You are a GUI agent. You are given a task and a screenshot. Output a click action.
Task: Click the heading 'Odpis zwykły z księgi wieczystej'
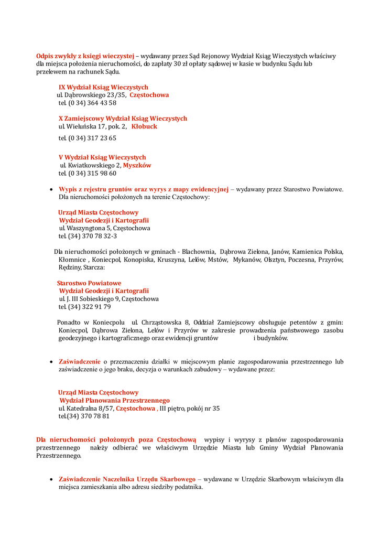85,56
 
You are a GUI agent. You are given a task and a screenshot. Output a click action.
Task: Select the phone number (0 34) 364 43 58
92,103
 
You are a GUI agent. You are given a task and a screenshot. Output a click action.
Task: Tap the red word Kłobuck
144,126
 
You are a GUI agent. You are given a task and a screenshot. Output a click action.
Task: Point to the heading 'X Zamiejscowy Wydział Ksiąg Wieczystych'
123,119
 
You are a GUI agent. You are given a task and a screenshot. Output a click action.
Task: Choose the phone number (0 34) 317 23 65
92,138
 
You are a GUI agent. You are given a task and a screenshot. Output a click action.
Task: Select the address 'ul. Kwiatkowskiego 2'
90,165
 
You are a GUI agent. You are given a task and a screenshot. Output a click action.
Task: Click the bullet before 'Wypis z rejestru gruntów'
50,190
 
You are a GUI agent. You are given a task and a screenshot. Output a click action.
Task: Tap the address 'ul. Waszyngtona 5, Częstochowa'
104,228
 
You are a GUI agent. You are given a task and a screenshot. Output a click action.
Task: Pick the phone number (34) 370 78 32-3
92,236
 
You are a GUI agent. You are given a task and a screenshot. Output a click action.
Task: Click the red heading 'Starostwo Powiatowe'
89,283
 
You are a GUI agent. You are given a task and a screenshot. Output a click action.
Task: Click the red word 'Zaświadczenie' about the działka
80,361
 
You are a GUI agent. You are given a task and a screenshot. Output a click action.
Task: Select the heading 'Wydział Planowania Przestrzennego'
114,400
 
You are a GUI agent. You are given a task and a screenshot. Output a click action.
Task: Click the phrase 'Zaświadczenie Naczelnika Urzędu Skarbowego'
127,479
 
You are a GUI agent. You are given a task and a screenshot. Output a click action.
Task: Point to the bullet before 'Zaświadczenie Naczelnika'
50,479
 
